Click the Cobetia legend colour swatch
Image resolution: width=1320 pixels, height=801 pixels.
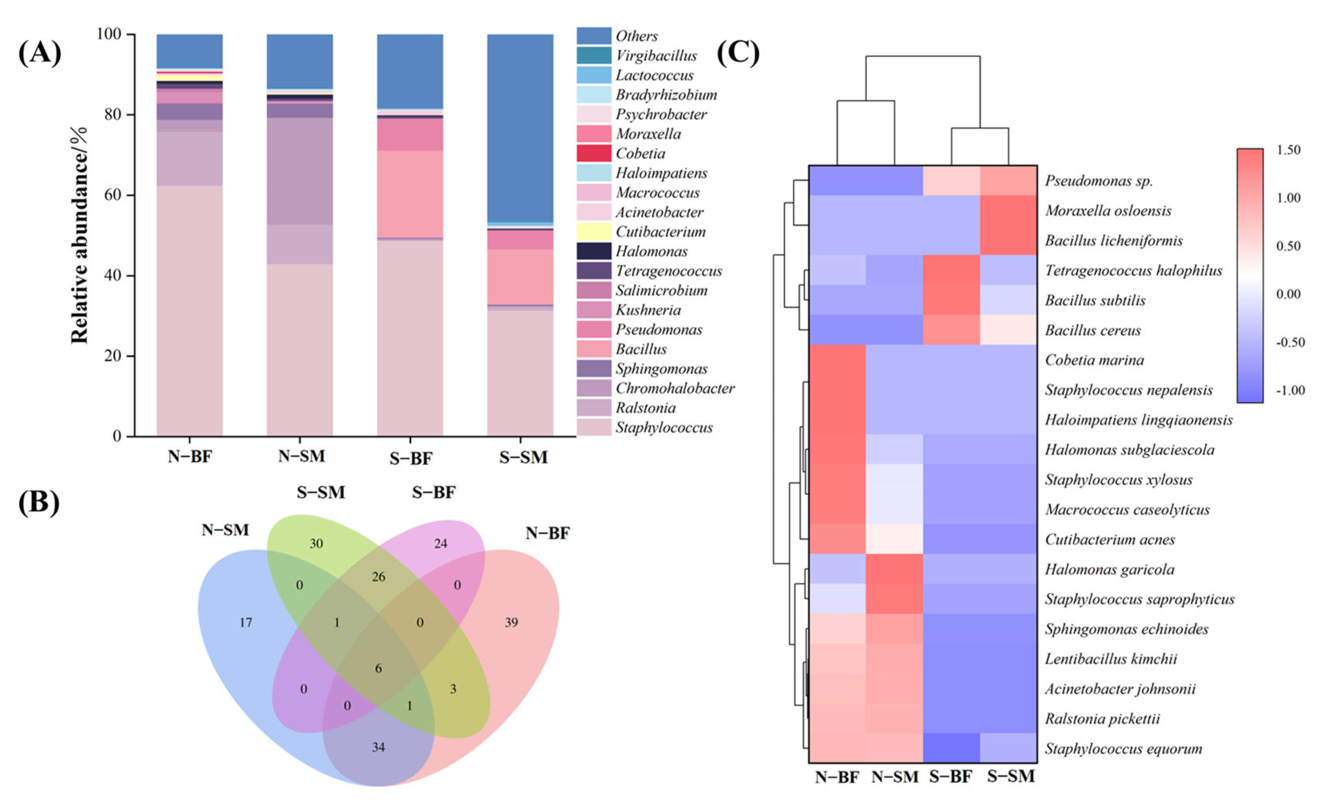[x=594, y=153]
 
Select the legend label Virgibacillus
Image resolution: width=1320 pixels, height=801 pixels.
[x=656, y=56]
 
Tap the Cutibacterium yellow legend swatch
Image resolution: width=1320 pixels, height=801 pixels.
[x=594, y=232]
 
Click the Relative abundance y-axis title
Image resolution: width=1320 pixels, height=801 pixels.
[x=79, y=235]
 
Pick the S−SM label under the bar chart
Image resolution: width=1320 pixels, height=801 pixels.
[x=523, y=457]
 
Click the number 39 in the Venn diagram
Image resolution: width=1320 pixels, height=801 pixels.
[x=511, y=622]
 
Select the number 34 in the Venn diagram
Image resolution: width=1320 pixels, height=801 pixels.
[x=378, y=747]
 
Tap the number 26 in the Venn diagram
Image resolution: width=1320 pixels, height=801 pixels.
[x=378, y=577]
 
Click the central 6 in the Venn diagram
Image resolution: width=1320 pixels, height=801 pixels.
[x=378, y=668]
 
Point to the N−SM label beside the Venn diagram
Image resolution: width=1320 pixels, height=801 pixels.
[x=225, y=530]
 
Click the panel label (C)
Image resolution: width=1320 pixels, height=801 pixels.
[x=738, y=53]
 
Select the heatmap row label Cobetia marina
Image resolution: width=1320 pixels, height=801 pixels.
[x=1094, y=360]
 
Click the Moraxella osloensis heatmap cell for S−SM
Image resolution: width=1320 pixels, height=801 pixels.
[x=1008, y=210]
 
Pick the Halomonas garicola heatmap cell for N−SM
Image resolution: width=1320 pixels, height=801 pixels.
[x=894, y=569]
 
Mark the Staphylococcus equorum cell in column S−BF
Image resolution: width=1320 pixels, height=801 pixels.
[x=951, y=748]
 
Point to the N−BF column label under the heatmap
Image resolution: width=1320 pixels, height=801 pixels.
[x=837, y=777]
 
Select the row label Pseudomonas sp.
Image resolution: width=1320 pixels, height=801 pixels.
[x=1098, y=181]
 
